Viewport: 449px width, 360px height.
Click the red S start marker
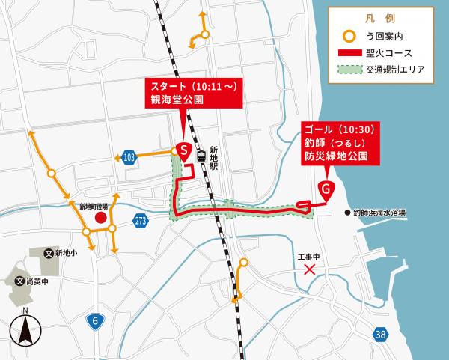pos(183,150)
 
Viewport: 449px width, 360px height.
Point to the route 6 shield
pos(94,320)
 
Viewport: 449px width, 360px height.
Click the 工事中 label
pos(308,257)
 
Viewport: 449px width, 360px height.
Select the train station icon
pos(201,156)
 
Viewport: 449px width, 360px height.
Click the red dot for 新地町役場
pos(100,217)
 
